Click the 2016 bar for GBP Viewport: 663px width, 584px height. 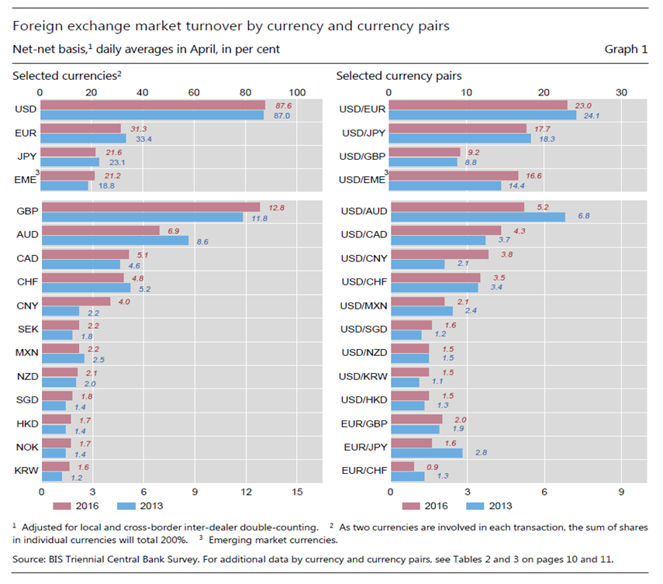(x=150, y=207)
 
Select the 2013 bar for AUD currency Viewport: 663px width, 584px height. (x=114, y=240)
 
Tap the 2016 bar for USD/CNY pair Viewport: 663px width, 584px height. (x=439, y=254)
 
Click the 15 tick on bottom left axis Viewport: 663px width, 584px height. (x=297, y=491)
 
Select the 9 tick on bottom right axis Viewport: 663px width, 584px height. (x=620, y=491)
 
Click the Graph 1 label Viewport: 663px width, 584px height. (x=626, y=49)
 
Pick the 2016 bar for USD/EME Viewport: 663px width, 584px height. (x=454, y=176)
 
